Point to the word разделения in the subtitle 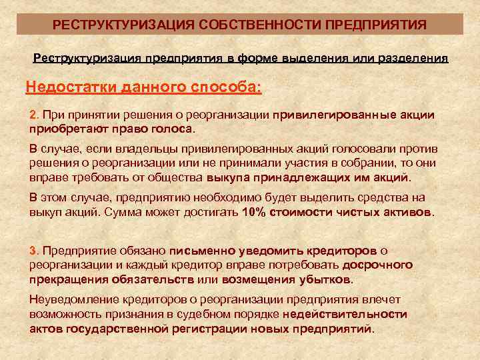tap(413, 58)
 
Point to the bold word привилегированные tap(339, 115)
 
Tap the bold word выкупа tap(226, 179)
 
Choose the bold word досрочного tap(375, 265)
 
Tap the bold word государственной tap(112, 329)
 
